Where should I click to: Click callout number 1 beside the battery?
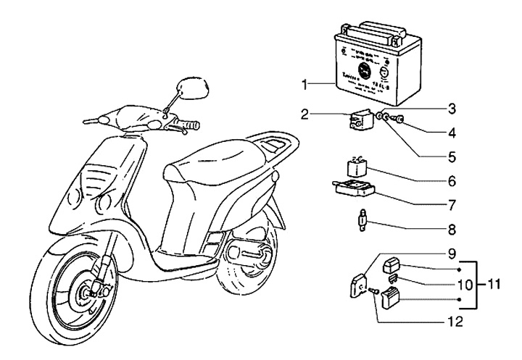click(307, 85)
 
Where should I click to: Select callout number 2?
click(306, 114)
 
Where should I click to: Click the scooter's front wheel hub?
click(93, 292)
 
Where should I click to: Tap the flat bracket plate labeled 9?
click(358, 285)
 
